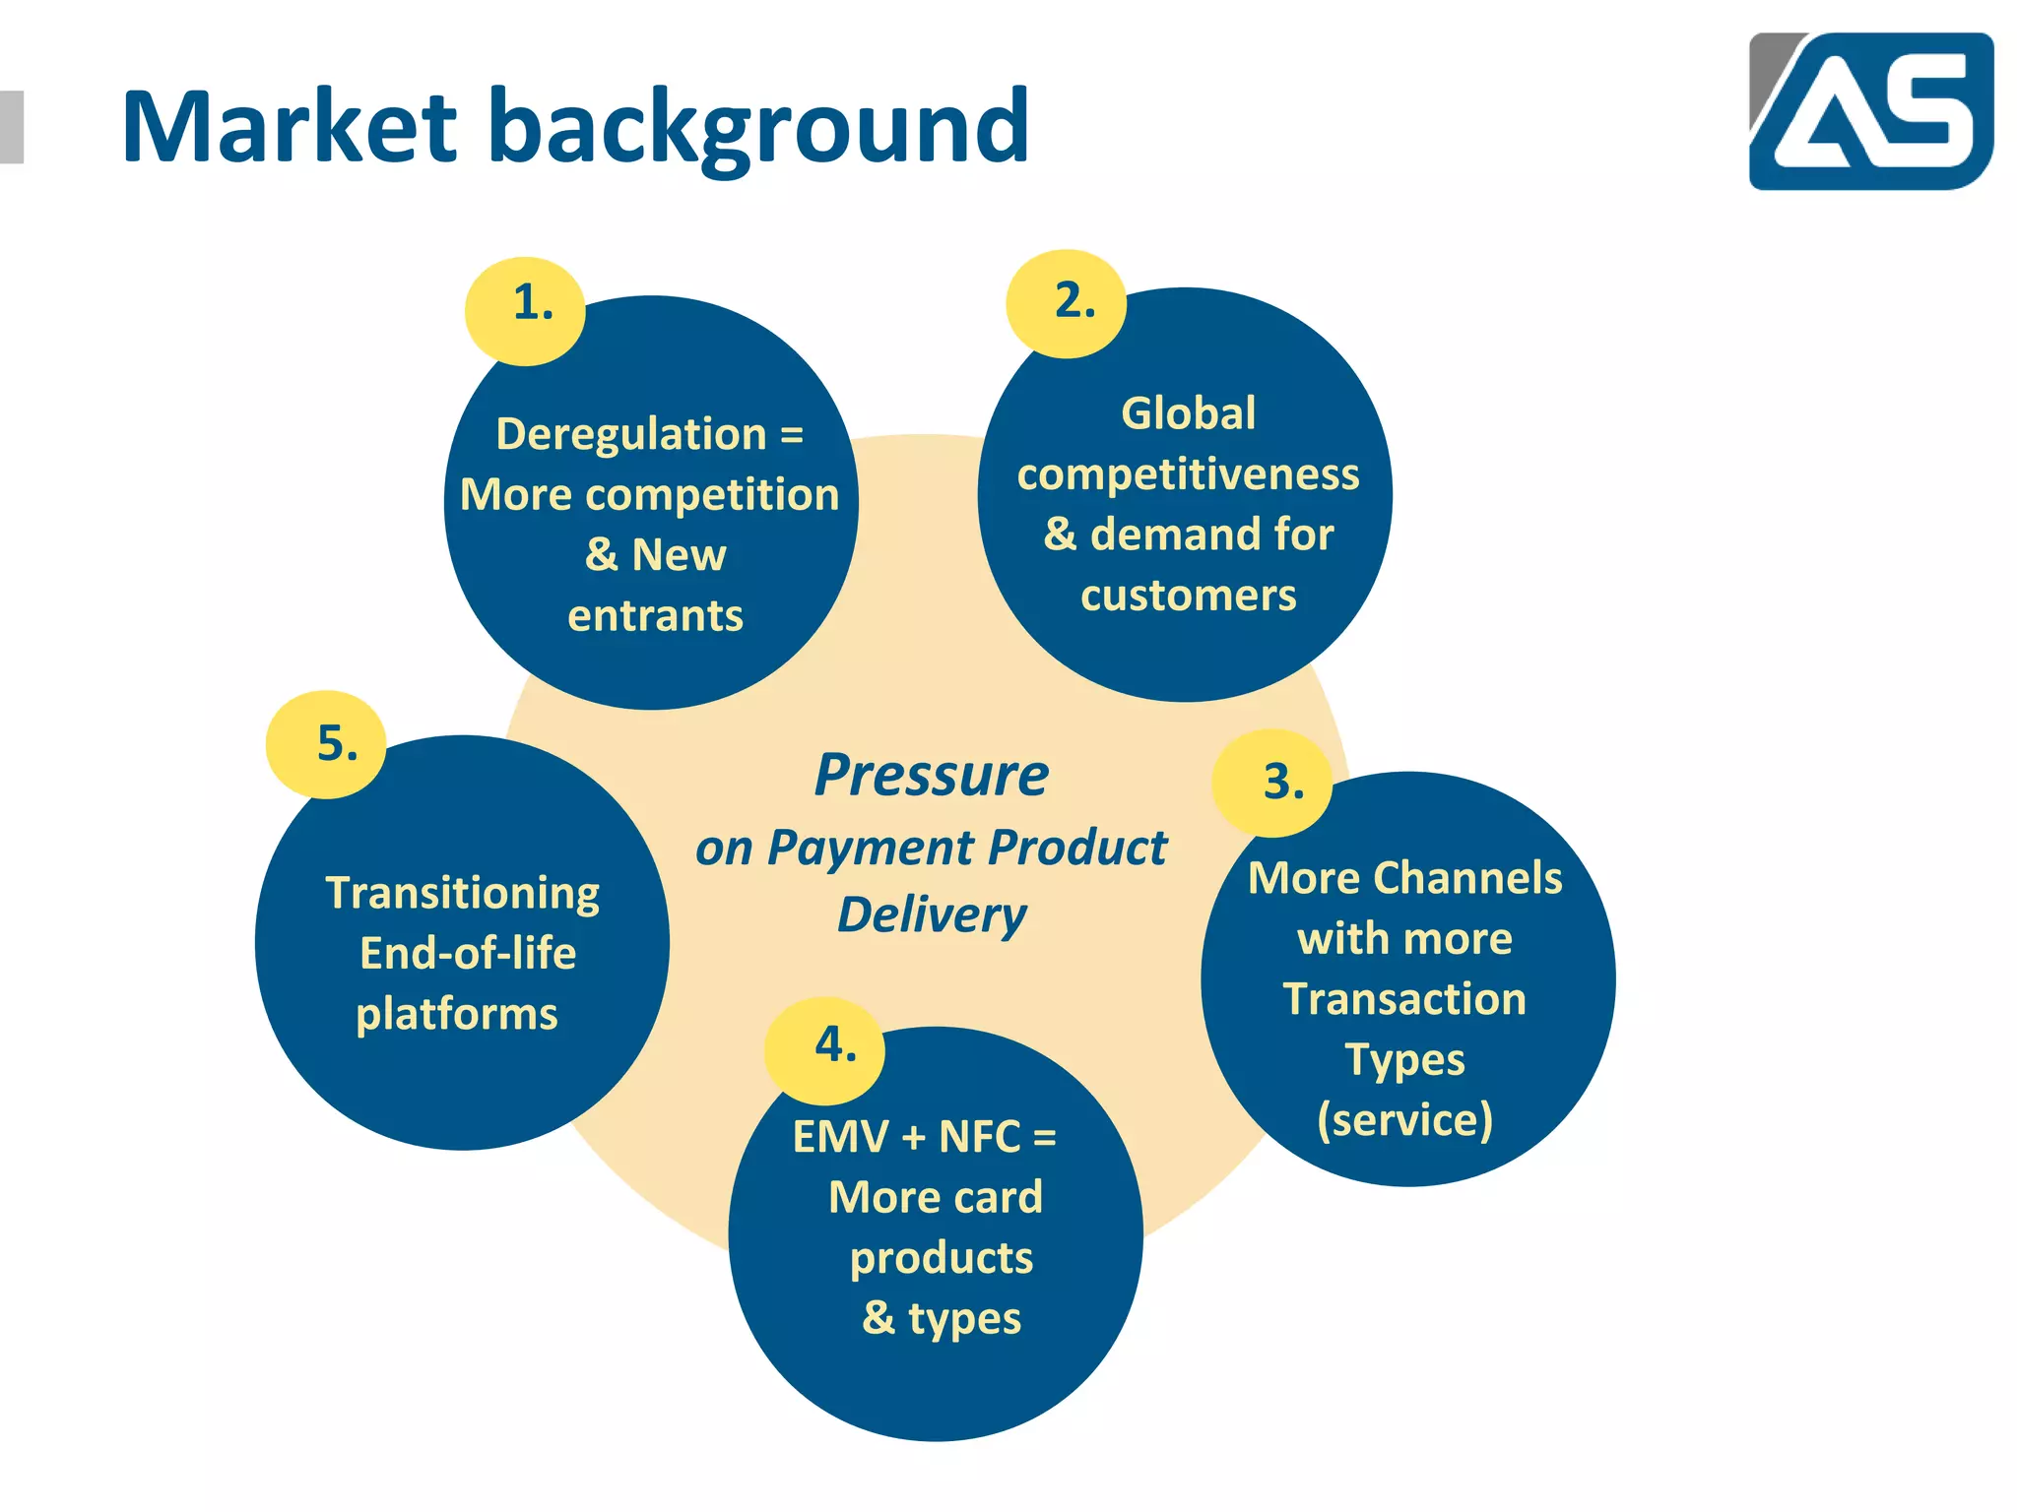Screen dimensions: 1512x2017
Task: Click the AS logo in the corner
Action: (x=1870, y=110)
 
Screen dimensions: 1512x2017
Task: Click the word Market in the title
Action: (x=289, y=127)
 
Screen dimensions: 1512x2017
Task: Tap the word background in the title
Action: (x=758, y=129)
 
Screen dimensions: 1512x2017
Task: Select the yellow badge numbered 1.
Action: (x=526, y=310)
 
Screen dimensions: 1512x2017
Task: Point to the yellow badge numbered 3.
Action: (x=1273, y=784)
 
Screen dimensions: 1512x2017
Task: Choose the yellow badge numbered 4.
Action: (x=825, y=1050)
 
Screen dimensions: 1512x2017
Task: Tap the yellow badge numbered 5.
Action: (x=327, y=744)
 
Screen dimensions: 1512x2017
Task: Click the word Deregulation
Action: (x=631, y=434)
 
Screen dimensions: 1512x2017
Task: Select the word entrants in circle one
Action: (x=655, y=616)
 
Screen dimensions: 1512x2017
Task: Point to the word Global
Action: (x=1188, y=413)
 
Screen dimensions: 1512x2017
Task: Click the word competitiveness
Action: (x=1188, y=474)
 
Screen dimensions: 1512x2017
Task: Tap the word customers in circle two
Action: (x=1188, y=596)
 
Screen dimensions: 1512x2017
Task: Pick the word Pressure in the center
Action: (x=932, y=776)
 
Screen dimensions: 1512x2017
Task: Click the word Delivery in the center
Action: (x=932, y=915)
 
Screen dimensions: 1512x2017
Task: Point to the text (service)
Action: (x=1405, y=1120)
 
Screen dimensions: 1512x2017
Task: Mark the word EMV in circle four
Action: (x=840, y=1137)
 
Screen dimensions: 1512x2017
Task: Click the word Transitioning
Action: (x=462, y=894)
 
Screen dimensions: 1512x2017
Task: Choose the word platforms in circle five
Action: (x=457, y=1015)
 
